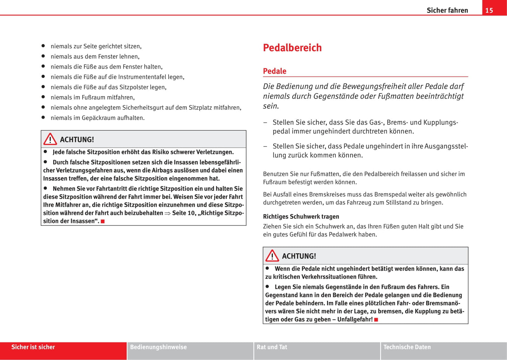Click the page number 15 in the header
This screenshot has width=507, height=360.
(489, 11)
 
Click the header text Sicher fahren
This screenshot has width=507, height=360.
(447, 11)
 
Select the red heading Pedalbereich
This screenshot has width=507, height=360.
(292, 48)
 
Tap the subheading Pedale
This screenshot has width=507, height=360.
(275, 71)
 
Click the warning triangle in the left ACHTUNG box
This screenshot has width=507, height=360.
(50, 139)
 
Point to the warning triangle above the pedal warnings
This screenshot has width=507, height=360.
(272, 256)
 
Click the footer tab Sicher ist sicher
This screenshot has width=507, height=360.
(33, 347)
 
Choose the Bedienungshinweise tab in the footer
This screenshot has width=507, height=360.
(158, 347)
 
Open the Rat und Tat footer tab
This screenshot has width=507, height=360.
(272, 347)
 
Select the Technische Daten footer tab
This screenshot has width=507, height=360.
(407, 347)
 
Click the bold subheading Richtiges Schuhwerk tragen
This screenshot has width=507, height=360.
(301, 216)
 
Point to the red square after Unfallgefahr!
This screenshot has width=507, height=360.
(376, 320)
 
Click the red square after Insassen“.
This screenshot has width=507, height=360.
(103, 221)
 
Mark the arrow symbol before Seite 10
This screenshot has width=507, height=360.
(167, 213)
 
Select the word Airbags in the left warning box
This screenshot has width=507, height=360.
(163, 171)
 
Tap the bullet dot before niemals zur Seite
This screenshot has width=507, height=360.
(44, 46)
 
